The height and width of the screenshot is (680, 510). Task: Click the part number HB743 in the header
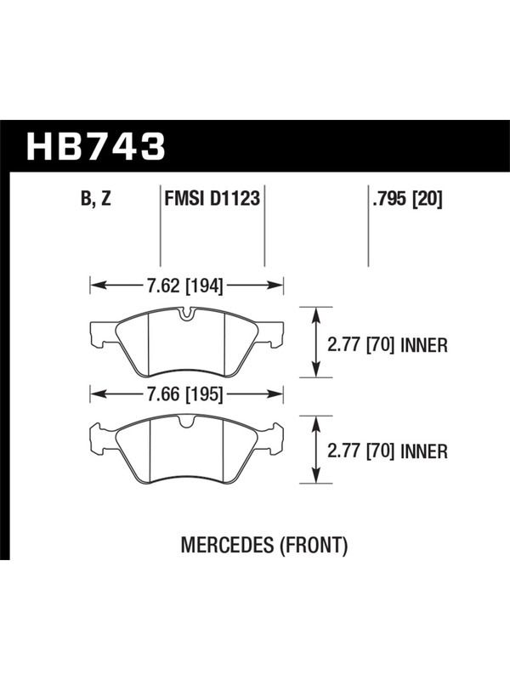coord(96,146)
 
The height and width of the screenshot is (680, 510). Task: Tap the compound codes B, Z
coord(96,200)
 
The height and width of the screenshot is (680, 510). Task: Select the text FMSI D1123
coord(212,199)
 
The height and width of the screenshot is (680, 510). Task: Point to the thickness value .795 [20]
coord(407,200)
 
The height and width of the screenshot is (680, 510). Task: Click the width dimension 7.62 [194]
coord(185,286)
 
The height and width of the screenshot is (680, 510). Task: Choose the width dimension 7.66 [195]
coord(185,394)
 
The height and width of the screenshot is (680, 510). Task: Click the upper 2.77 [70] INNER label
coord(388,346)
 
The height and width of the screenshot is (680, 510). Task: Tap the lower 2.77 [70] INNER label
coord(388,452)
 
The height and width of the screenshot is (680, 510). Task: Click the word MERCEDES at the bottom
coord(227,545)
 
